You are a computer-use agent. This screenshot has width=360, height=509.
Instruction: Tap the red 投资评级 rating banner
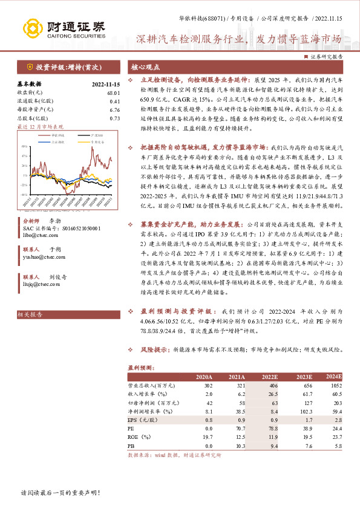point(66,67)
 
